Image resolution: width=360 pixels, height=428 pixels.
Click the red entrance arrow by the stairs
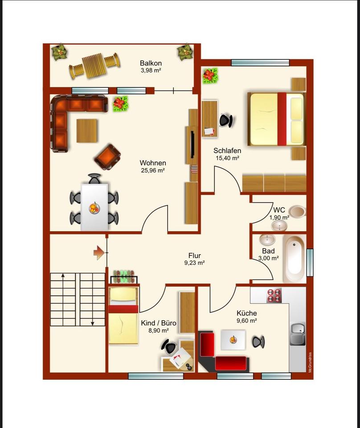click(98, 252)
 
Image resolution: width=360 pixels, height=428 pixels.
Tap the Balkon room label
click(151, 63)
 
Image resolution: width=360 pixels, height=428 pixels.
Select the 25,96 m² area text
click(153, 171)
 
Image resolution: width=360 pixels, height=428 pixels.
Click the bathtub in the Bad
click(294, 259)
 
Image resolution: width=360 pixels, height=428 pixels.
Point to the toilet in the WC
click(297, 211)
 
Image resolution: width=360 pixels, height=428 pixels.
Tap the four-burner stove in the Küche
click(274, 296)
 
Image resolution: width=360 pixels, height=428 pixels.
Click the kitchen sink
click(298, 333)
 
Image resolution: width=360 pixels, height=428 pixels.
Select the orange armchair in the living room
click(107, 156)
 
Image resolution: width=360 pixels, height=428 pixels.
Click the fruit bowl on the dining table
click(94, 208)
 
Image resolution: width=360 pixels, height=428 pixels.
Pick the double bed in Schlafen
click(277, 119)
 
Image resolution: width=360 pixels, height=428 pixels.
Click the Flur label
click(194, 256)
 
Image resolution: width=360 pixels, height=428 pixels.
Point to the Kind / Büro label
click(159, 323)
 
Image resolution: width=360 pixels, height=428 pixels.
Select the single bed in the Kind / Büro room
click(123, 315)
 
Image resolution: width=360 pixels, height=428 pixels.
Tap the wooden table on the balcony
click(94, 66)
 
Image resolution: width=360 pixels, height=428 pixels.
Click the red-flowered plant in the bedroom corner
click(211, 76)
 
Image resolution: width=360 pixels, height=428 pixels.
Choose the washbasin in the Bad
click(267, 240)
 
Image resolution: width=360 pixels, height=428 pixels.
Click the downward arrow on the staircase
click(93, 299)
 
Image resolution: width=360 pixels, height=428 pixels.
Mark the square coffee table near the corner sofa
click(87, 131)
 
